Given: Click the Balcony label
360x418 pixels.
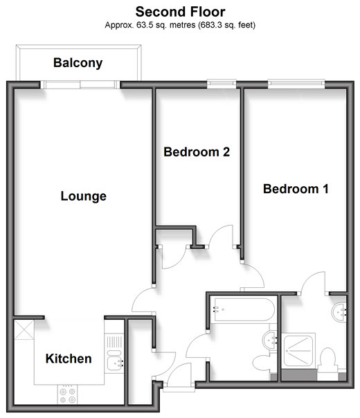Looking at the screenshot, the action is [x=78, y=63].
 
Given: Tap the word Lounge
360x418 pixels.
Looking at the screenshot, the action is [x=84, y=197].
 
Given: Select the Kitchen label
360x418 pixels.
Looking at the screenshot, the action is [x=69, y=358].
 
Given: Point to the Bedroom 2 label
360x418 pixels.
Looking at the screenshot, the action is [x=197, y=152].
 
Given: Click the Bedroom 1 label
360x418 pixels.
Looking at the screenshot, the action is [x=296, y=189].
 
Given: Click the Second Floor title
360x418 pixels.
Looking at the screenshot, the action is [x=180, y=12].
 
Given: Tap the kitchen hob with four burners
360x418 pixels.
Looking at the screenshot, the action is [x=67, y=395].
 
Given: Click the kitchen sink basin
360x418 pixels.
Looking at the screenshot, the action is [x=115, y=363].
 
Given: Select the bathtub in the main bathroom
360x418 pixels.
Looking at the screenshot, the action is [x=244, y=309].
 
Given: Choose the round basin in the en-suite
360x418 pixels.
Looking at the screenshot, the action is [x=339, y=312].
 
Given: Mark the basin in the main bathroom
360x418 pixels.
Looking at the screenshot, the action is [x=270, y=340].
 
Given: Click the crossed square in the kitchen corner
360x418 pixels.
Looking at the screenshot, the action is [x=24, y=330].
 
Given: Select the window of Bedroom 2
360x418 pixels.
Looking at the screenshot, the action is [x=222, y=84].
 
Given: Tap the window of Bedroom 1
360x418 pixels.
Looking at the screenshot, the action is [x=296, y=84].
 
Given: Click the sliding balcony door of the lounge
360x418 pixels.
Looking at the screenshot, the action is [x=80, y=84].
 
